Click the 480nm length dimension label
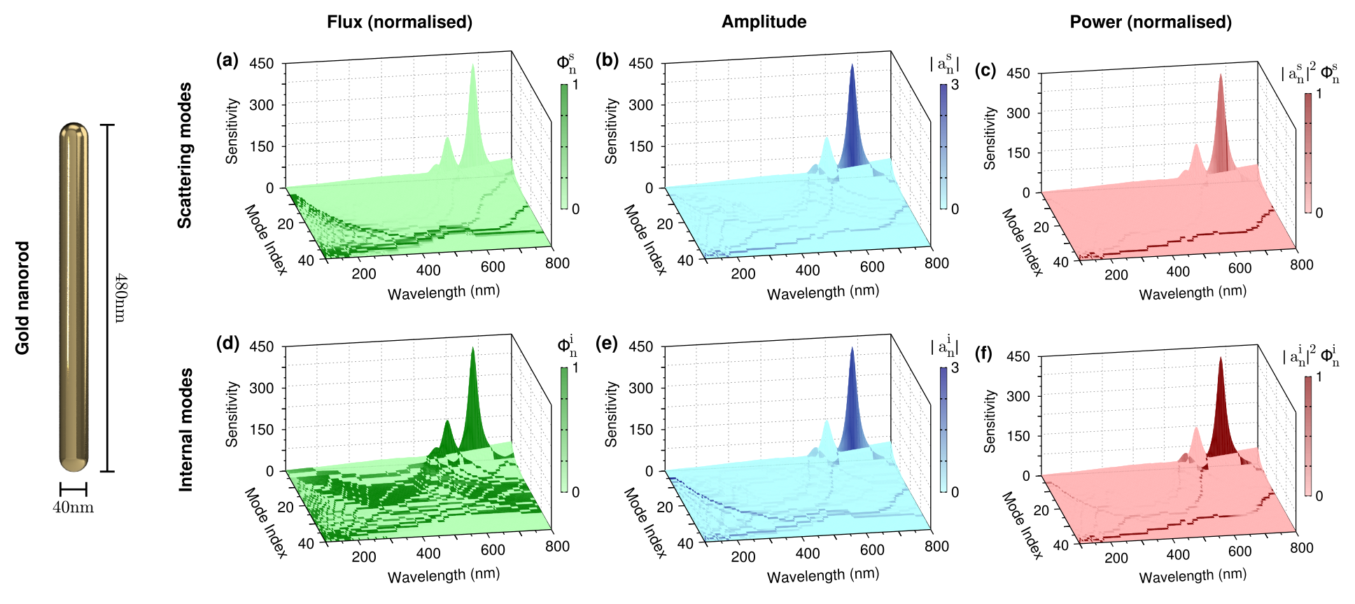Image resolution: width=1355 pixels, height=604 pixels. (120, 297)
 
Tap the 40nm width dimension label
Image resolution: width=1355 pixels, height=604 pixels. (73, 507)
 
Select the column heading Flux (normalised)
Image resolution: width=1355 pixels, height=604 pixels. (400, 22)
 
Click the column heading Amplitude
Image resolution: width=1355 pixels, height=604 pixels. (764, 22)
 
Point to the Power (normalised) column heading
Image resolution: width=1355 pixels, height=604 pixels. (1151, 22)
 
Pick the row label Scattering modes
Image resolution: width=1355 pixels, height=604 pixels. (184, 155)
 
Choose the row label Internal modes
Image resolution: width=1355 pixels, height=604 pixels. (185, 430)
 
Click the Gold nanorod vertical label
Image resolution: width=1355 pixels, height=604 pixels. (23, 298)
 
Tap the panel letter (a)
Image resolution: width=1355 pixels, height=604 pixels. (227, 60)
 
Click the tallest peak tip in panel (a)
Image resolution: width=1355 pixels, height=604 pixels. (473, 66)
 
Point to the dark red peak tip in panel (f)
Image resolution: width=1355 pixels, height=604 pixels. (1221, 358)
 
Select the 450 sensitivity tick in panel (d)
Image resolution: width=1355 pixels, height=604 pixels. (262, 346)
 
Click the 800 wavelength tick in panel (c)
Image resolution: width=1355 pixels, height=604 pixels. (1302, 265)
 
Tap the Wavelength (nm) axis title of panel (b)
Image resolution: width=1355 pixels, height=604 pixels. (823, 292)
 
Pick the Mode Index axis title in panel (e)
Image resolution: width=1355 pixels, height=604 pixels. (645, 523)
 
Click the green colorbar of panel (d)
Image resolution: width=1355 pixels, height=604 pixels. (564, 429)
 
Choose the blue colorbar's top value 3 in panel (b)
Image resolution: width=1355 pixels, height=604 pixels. (955, 85)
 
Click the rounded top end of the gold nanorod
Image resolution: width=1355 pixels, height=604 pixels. (73, 129)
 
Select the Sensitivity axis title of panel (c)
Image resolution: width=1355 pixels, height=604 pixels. (990, 138)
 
